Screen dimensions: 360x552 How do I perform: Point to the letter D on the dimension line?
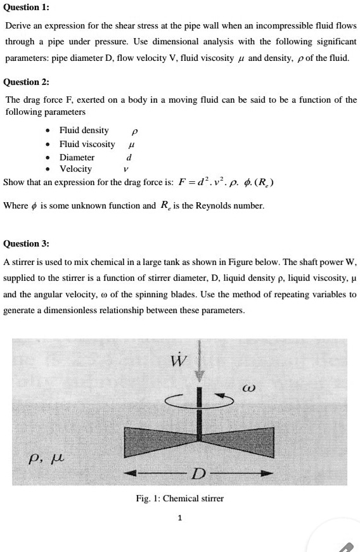point(198,474)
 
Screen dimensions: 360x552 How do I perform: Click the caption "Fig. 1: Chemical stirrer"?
point(180,499)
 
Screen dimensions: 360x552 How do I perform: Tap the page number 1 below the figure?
point(180,518)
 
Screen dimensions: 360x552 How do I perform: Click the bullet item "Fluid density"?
point(84,131)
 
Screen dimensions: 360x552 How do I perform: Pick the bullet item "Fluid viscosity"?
point(87,144)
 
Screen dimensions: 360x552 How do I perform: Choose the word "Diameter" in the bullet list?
point(77,157)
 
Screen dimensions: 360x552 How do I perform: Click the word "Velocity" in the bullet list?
point(75,169)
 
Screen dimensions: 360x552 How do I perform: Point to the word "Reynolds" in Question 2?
point(217,206)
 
